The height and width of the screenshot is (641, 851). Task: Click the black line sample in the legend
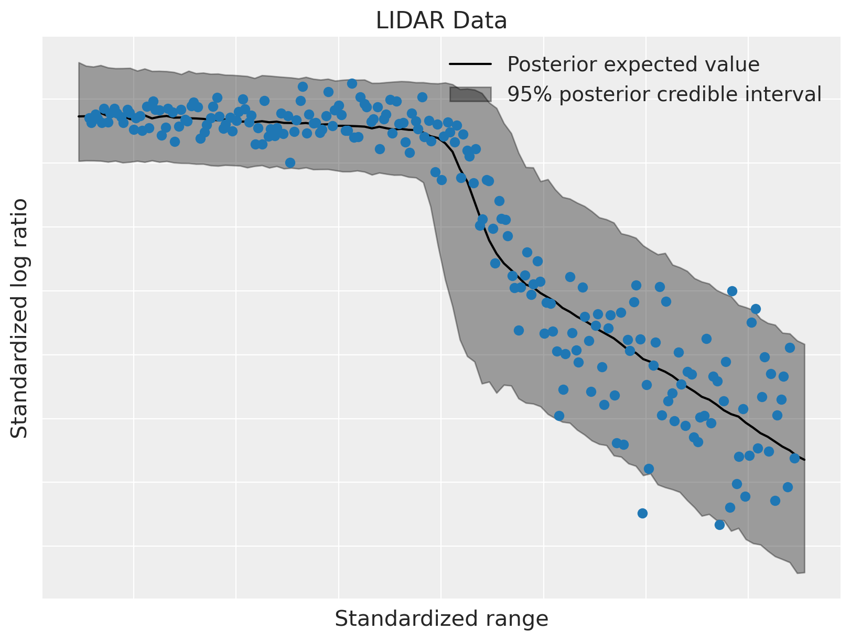[x=470, y=64]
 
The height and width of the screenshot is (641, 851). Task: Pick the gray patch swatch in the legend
[x=470, y=94]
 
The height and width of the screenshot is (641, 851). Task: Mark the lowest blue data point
[x=719, y=525]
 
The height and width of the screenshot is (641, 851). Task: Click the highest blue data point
[x=352, y=83]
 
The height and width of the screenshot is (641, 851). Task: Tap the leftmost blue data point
[x=89, y=118]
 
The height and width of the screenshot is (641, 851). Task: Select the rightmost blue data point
[x=794, y=458]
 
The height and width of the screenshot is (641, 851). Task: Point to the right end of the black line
[x=804, y=460]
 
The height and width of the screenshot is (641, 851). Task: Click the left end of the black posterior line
[x=79, y=116]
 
